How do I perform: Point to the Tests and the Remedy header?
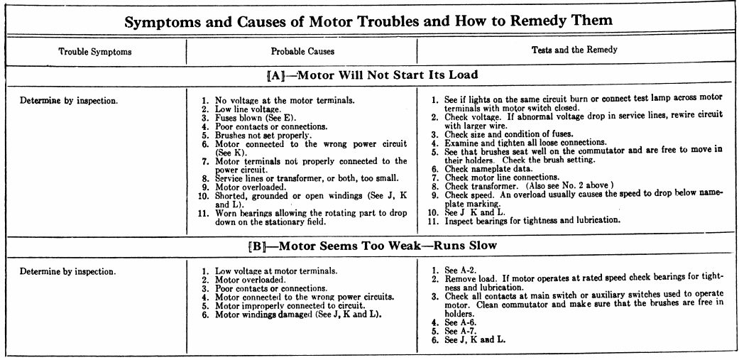[575, 51]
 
